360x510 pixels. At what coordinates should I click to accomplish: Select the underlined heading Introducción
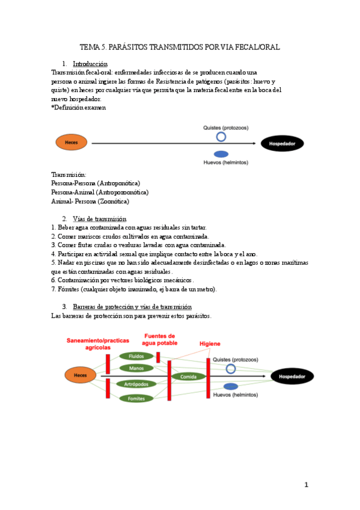click(x=90, y=64)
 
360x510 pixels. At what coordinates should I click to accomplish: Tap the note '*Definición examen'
click(x=79, y=108)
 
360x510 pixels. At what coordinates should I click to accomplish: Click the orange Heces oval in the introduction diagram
click(x=72, y=143)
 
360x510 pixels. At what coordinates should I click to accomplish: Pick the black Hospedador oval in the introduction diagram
click(x=282, y=143)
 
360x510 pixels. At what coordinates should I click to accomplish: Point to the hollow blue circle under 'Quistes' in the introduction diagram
click(x=221, y=137)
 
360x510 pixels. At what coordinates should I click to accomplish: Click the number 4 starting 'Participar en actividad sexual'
click(x=53, y=254)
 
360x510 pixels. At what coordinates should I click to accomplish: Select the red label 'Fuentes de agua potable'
click(x=159, y=339)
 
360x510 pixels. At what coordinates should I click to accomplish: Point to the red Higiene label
click(x=210, y=343)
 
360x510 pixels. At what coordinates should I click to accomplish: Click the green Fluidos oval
click(x=136, y=357)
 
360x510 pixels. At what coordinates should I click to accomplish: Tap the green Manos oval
click(x=136, y=368)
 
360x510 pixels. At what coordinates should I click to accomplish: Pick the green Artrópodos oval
click(x=136, y=384)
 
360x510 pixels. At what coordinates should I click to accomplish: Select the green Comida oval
click(x=189, y=376)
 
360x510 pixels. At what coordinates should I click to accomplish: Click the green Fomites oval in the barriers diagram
click(x=136, y=398)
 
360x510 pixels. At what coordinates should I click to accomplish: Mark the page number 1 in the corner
click(x=306, y=485)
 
